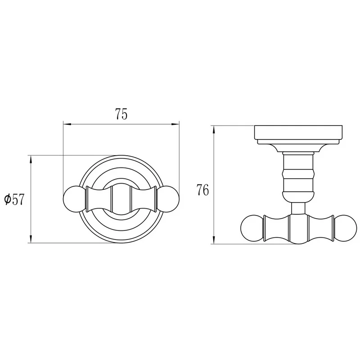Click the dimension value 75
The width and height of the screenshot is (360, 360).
[x=121, y=114]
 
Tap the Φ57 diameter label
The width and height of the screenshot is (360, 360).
[x=14, y=199]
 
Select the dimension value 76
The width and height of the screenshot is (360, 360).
[x=203, y=190]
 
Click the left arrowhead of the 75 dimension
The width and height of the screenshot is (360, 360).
[x=67, y=125]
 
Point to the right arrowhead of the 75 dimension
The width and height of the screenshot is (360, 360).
[x=175, y=125]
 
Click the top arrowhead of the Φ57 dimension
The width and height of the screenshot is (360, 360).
[x=31, y=159]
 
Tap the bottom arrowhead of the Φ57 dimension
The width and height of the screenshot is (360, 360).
[x=31, y=239]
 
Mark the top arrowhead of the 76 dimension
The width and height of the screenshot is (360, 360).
[x=214, y=130]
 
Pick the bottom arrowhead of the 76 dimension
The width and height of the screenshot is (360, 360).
[x=214, y=240]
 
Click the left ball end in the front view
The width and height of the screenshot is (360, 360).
[x=74, y=199]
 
